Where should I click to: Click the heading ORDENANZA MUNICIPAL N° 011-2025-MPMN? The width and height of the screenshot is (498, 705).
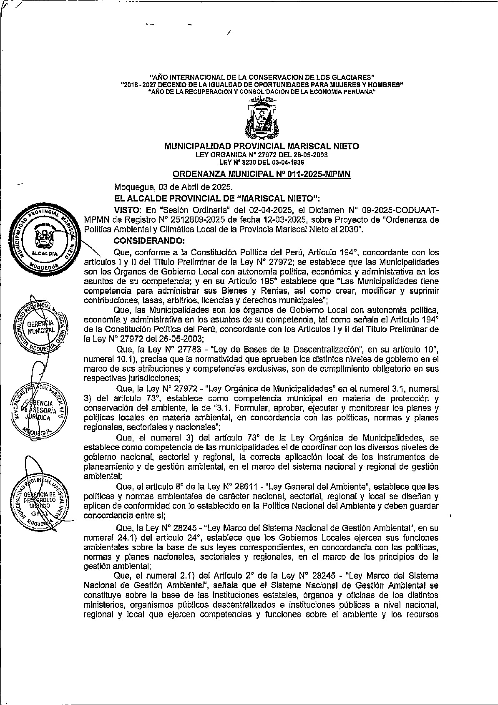pos(262,174)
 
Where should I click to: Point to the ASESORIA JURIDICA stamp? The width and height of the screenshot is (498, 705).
pos(38,410)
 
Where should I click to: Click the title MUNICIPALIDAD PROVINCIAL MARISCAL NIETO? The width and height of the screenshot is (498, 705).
pos(262,146)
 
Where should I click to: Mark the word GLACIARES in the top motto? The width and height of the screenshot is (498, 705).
pos(353,77)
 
